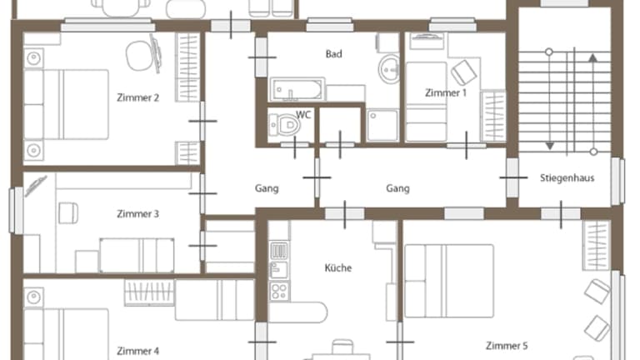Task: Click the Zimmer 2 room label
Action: click(138, 97)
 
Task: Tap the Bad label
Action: click(334, 54)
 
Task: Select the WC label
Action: click(303, 115)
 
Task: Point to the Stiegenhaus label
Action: click(567, 178)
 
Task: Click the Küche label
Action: click(338, 267)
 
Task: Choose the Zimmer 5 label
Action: click(507, 346)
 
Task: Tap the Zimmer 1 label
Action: click(445, 93)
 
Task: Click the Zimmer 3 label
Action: click(138, 214)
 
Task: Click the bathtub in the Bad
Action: click(297, 89)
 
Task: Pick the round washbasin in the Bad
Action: click(389, 69)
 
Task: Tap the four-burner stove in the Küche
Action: click(280, 292)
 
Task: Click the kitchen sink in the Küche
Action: click(279, 260)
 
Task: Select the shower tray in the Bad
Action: click(382, 125)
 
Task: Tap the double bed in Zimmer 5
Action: click(449, 281)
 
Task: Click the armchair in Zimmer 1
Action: click(464, 72)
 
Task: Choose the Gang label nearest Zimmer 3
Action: click(267, 188)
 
